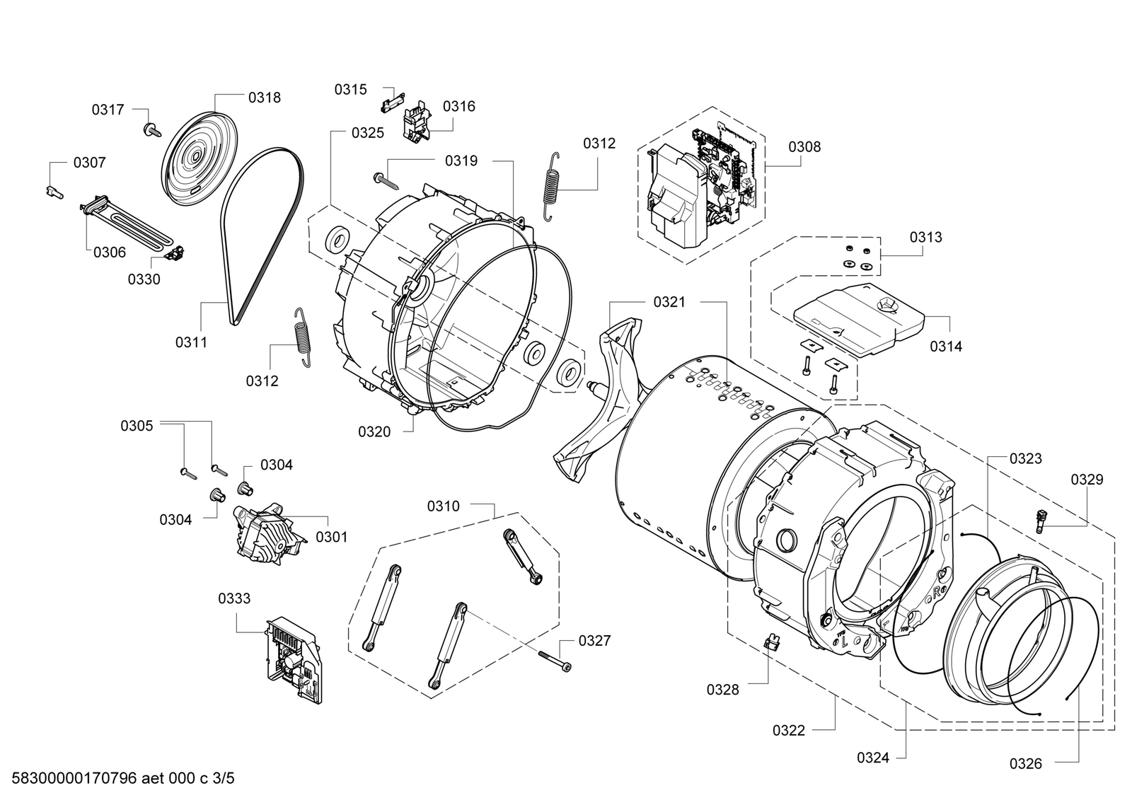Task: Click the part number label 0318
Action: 264,98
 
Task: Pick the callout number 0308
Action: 804,146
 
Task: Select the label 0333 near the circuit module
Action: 233,598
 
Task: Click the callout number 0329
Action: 1087,480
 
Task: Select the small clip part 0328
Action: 772,642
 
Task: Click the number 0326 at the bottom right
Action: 1026,763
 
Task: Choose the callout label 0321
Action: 669,302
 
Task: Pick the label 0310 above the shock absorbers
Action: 443,506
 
